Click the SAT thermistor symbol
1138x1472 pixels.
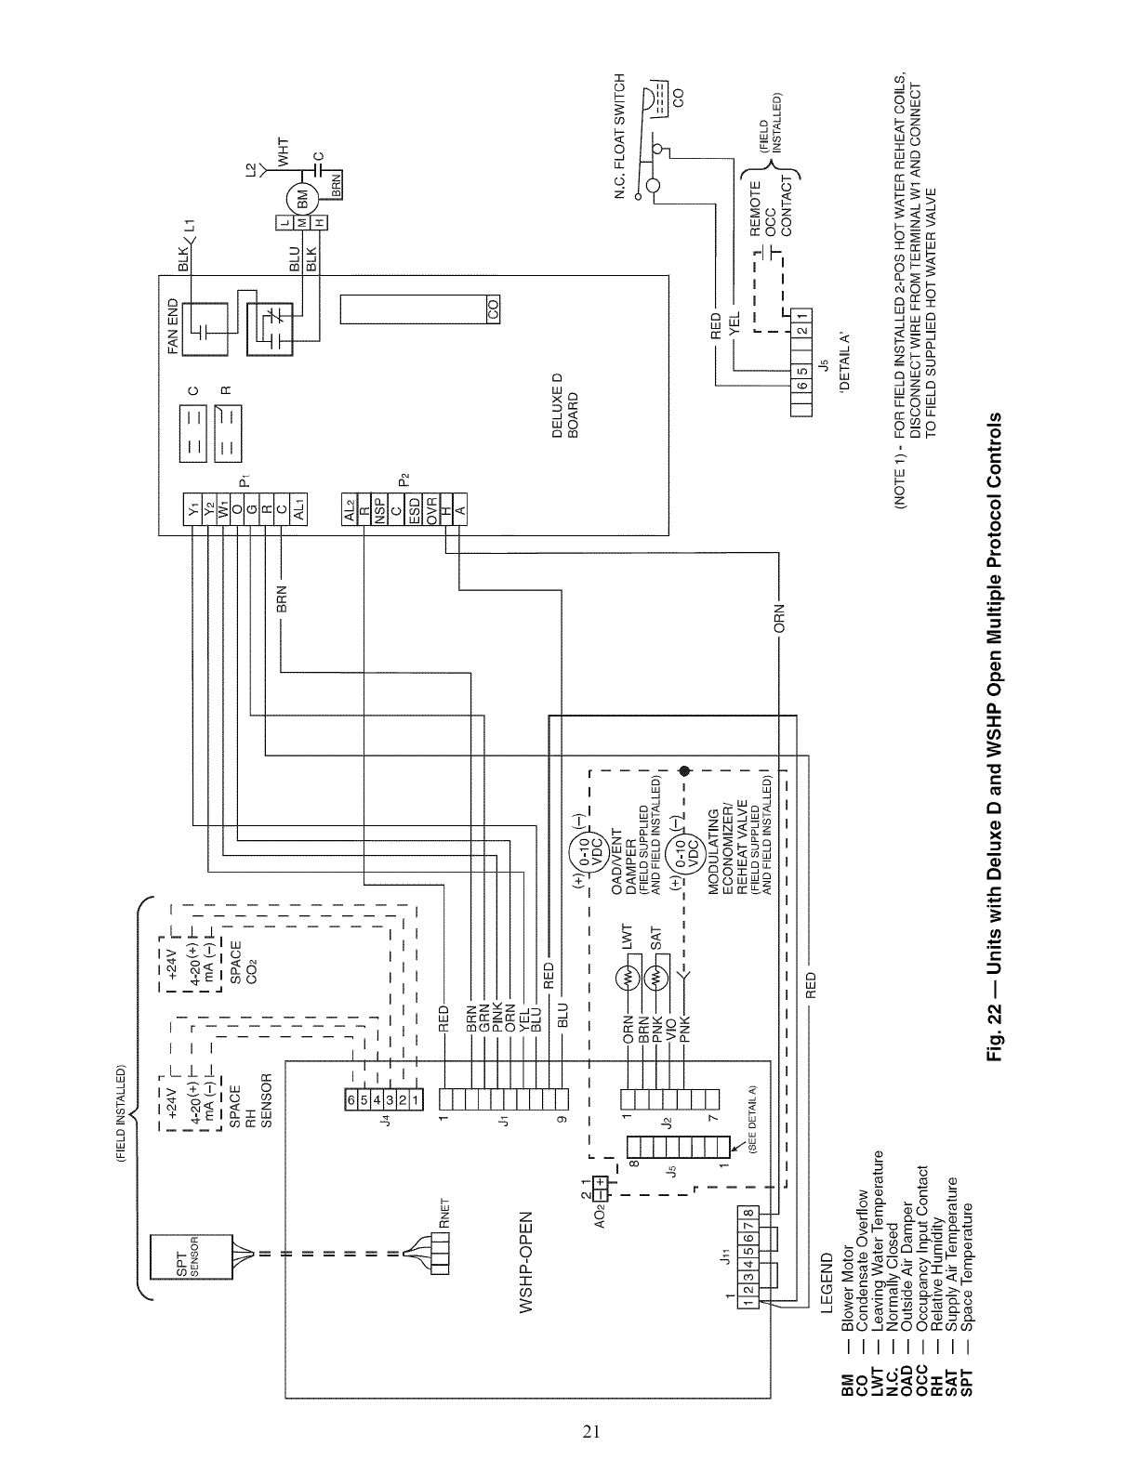[656, 980]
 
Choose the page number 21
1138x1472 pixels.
[591, 1430]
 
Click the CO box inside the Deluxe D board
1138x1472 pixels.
[493, 313]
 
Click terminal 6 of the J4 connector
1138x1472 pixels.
[351, 1100]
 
